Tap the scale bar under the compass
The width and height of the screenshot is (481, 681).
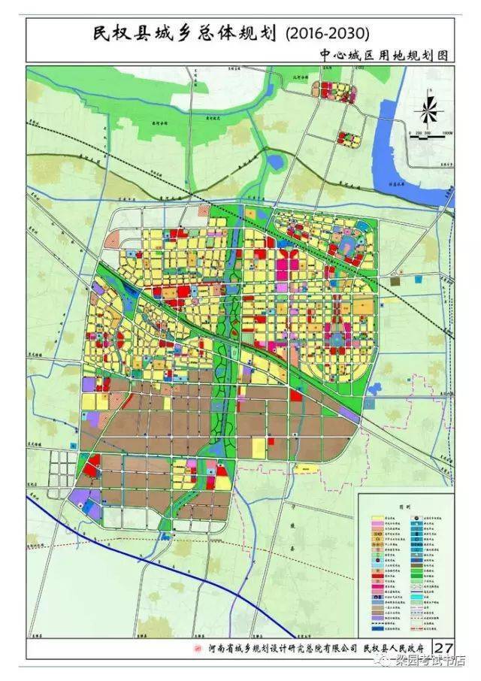[428, 133]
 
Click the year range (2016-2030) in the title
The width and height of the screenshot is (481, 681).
[328, 34]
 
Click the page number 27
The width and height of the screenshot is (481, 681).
[444, 647]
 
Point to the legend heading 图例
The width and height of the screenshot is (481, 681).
[406, 508]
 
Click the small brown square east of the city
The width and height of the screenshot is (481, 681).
[396, 280]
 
